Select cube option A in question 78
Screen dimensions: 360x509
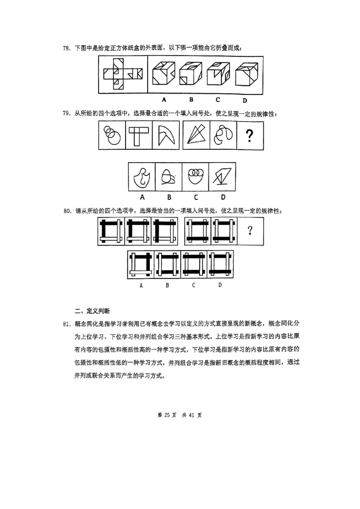click(164, 73)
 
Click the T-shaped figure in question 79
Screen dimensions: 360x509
click(138, 136)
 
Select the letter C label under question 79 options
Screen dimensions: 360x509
click(196, 196)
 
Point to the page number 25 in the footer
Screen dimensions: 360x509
click(167, 415)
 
